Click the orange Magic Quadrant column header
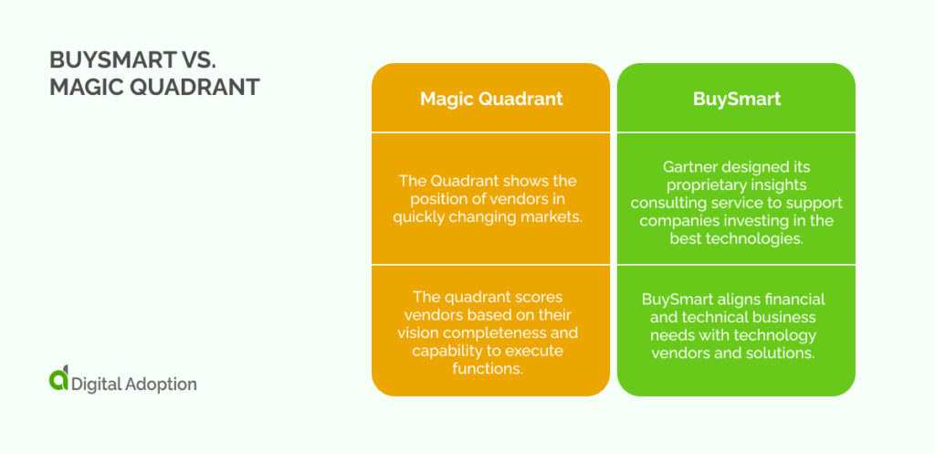pyautogui.click(x=490, y=99)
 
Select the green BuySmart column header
pyautogui.click(x=736, y=99)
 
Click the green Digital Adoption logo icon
pyautogui.click(x=59, y=381)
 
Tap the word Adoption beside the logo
pyautogui.click(x=161, y=384)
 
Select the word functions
pyautogui.click(x=490, y=368)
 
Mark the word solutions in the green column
pyautogui.click(x=785, y=353)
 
